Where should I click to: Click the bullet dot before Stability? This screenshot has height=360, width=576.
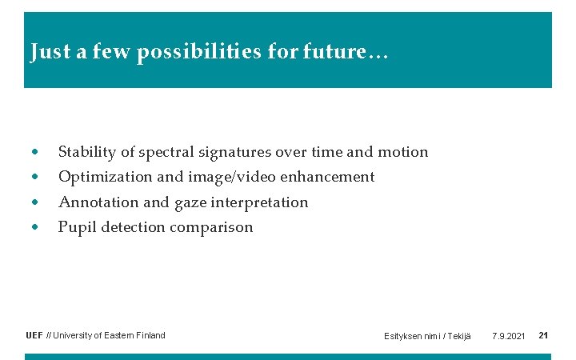coord(34,152)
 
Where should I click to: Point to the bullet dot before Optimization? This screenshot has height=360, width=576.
coord(34,177)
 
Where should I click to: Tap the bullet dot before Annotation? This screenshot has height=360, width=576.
coord(34,202)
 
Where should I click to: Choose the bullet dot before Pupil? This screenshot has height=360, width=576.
coord(34,227)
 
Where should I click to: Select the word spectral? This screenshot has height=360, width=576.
coord(166,153)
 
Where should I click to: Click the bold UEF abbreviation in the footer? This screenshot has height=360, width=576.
coord(34,335)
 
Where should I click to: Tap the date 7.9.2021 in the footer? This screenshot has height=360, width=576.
coord(508,336)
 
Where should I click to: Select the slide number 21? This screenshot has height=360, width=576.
coord(543,335)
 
